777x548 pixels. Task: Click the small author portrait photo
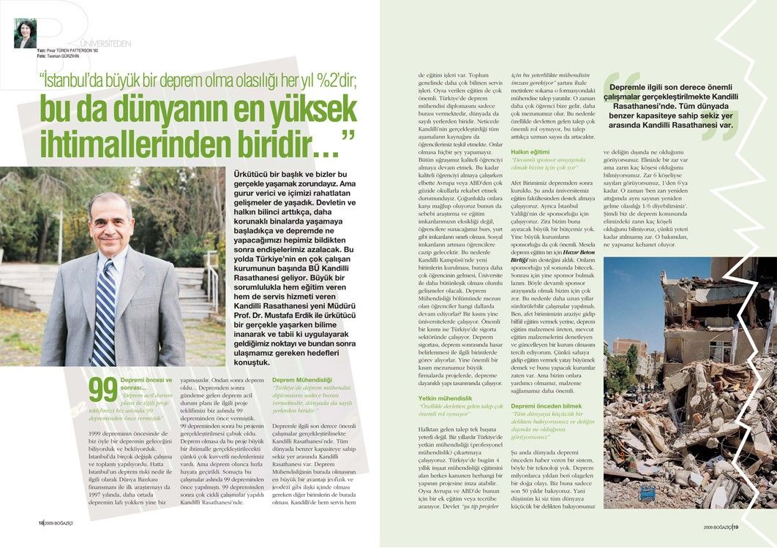(25, 34)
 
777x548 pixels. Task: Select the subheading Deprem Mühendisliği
(302, 380)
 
